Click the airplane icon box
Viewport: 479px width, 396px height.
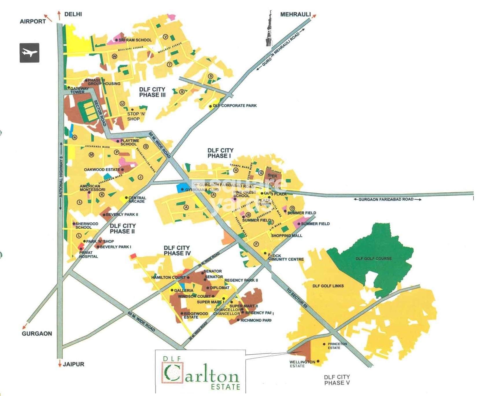[x=29, y=53]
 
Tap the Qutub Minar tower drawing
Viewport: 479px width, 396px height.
[x=269, y=29]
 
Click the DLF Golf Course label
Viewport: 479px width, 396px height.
[x=373, y=258]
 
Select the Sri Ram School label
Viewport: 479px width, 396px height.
[x=135, y=40]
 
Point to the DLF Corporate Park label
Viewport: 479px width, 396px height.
[x=234, y=106]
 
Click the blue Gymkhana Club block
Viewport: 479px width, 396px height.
[x=182, y=188]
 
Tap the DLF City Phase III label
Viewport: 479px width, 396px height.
[x=152, y=92]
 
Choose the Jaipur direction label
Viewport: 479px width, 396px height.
[x=73, y=364]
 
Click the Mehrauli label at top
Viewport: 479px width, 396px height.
[x=295, y=14]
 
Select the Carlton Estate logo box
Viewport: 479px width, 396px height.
[x=200, y=372]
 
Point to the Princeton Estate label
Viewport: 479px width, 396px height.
[x=337, y=346]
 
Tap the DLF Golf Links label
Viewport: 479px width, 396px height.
[x=328, y=286]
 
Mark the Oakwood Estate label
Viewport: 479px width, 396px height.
[x=102, y=170]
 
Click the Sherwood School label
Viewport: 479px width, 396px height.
[x=86, y=226]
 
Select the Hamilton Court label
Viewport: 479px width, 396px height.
[x=168, y=277]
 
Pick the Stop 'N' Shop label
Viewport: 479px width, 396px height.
[x=136, y=116]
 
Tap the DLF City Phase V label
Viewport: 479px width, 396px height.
[x=337, y=380]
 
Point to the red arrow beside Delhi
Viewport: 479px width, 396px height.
[x=59, y=15]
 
